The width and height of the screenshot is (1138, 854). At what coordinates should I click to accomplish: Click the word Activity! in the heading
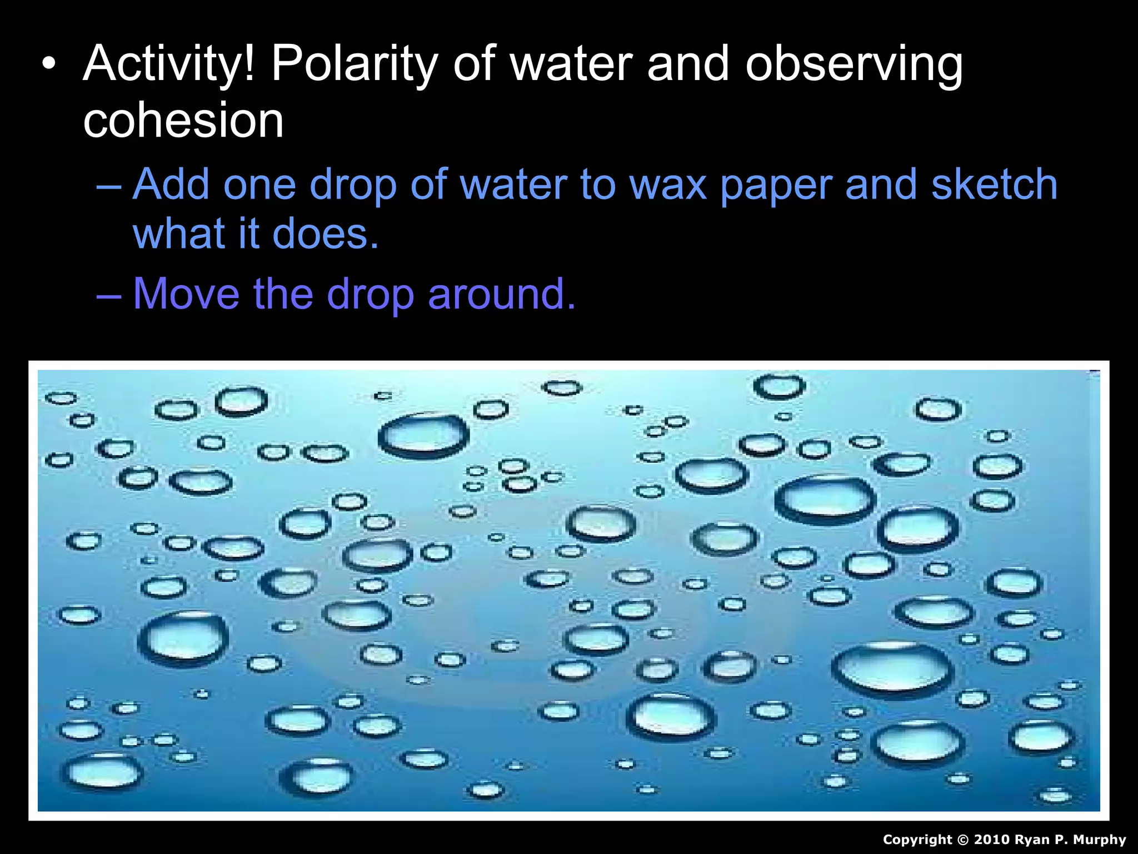[x=169, y=64]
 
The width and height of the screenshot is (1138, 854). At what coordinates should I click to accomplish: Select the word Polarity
[x=355, y=64]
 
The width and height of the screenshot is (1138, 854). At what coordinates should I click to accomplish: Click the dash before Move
[x=108, y=295]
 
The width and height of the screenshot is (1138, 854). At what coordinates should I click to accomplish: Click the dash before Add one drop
[x=108, y=186]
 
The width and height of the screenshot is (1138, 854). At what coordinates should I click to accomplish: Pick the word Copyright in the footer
[x=917, y=840]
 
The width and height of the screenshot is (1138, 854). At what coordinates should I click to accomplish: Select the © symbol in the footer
[x=962, y=840]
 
